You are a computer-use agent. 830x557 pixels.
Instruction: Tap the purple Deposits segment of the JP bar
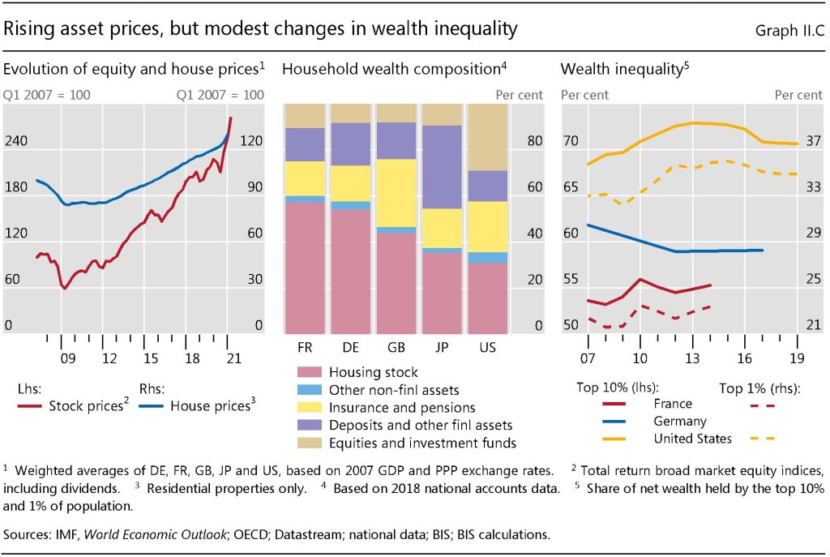coord(441,166)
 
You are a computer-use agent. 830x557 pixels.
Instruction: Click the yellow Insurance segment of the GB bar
coord(396,193)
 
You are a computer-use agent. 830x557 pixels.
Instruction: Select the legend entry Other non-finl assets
coord(394,390)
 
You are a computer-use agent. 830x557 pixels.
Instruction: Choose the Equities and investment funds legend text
coord(421,443)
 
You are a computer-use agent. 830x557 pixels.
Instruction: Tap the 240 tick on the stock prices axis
coord(16,141)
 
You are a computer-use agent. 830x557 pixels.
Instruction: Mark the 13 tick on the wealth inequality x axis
coord(691,358)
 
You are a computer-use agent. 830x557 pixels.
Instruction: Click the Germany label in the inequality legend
coord(679,422)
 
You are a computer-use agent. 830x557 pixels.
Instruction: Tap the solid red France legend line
coord(618,404)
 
